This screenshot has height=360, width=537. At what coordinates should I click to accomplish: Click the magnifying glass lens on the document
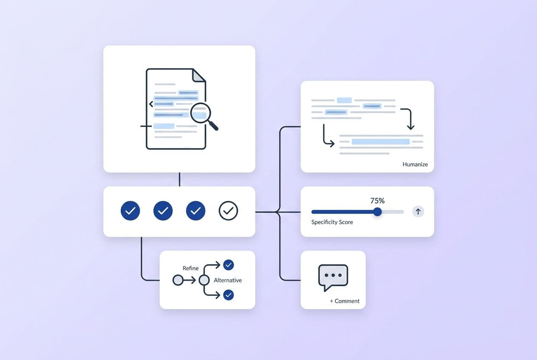tap(201, 113)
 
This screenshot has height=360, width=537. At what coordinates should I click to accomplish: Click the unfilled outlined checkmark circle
tap(228, 211)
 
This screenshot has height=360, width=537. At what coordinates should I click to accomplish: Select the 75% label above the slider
tap(377, 200)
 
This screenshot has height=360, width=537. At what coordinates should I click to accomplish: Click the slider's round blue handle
tap(377, 212)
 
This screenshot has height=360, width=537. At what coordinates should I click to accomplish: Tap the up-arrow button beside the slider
tap(418, 212)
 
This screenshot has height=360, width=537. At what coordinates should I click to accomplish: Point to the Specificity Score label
tap(332, 222)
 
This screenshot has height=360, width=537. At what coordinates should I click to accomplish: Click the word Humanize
tap(415, 164)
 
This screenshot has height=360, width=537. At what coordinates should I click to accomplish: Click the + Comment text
tap(345, 301)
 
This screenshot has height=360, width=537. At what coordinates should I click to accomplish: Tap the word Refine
tap(190, 268)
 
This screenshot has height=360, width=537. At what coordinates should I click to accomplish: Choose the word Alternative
tap(228, 280)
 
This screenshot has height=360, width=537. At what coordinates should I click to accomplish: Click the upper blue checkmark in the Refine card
tap(229, 265)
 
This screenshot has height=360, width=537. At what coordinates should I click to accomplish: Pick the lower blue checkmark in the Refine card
tap(229, 295)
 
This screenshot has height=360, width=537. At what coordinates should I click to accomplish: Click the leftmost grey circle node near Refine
tap(178, 280)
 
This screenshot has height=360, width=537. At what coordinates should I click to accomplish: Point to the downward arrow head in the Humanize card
tap(411, 127)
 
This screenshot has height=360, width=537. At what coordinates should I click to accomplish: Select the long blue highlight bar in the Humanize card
tap(381, 141)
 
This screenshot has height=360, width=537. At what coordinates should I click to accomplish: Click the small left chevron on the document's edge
tap(151, 104)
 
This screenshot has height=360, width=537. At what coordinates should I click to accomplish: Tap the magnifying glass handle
tap(213, 126)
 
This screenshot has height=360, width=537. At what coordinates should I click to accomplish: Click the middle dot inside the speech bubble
tap(333, 275)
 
